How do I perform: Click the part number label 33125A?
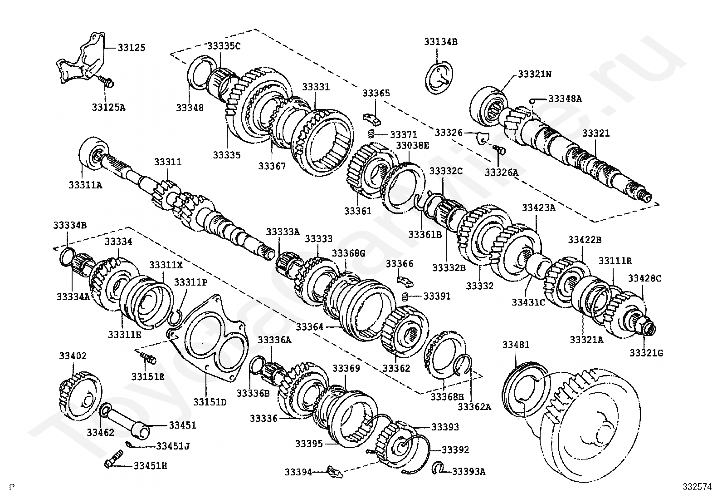[109, 107]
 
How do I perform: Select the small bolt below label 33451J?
[114, 459]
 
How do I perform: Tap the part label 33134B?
[441, 42]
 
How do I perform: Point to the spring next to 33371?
[371, 133]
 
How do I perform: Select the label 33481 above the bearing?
[516, 345]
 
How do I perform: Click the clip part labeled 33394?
[335, 471]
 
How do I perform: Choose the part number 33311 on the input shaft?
[168, 162]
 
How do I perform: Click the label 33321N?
[535, 74]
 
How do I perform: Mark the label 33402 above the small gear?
[73, 356]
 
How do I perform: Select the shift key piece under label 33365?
[372, 119]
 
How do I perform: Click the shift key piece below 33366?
[405, 281]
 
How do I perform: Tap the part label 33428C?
[644, 278]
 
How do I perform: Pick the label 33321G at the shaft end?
[646, 353]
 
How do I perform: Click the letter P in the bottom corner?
[12, 487]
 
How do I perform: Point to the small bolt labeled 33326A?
[499, 149]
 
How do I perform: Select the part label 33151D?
[210, 402]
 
